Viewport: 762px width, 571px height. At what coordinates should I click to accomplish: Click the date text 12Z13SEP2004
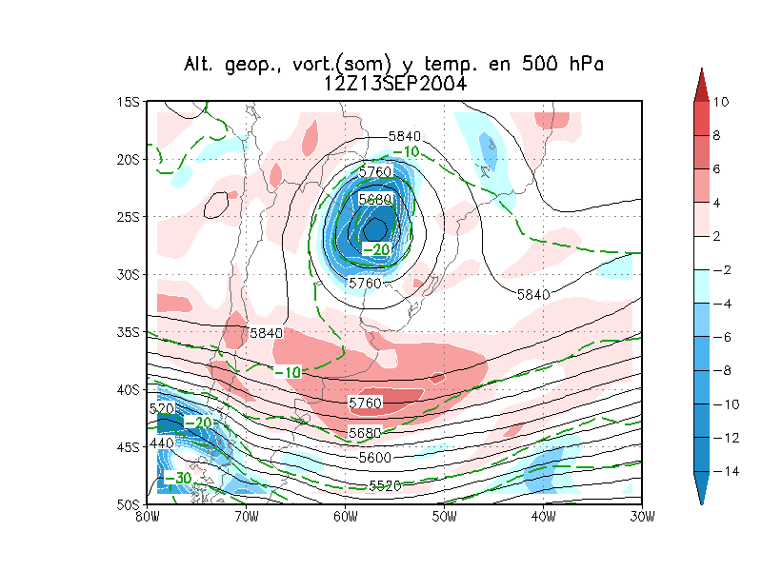coord(394,83)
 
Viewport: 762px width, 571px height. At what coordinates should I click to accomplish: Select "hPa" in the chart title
coord(583,65)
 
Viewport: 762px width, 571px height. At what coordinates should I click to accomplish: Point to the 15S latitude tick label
coord(128,101)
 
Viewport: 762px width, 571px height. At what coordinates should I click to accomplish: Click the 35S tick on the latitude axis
coord(128,331)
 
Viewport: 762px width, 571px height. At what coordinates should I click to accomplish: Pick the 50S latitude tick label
coord(128,503)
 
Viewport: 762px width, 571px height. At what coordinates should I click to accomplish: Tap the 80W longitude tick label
coord(147,516)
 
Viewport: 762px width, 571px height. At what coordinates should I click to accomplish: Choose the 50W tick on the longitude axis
coord(444,516)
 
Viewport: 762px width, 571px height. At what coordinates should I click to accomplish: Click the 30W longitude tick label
coord(643,516)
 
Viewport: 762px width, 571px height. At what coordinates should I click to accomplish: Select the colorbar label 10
coord(720,102)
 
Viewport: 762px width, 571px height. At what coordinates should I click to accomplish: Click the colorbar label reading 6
coord(716,169)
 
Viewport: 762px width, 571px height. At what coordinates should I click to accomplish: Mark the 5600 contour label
coord(374,457)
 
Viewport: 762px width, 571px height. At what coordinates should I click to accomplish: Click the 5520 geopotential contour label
coord(386,486)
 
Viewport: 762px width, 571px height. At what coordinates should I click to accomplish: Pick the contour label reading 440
coord(161,443)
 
